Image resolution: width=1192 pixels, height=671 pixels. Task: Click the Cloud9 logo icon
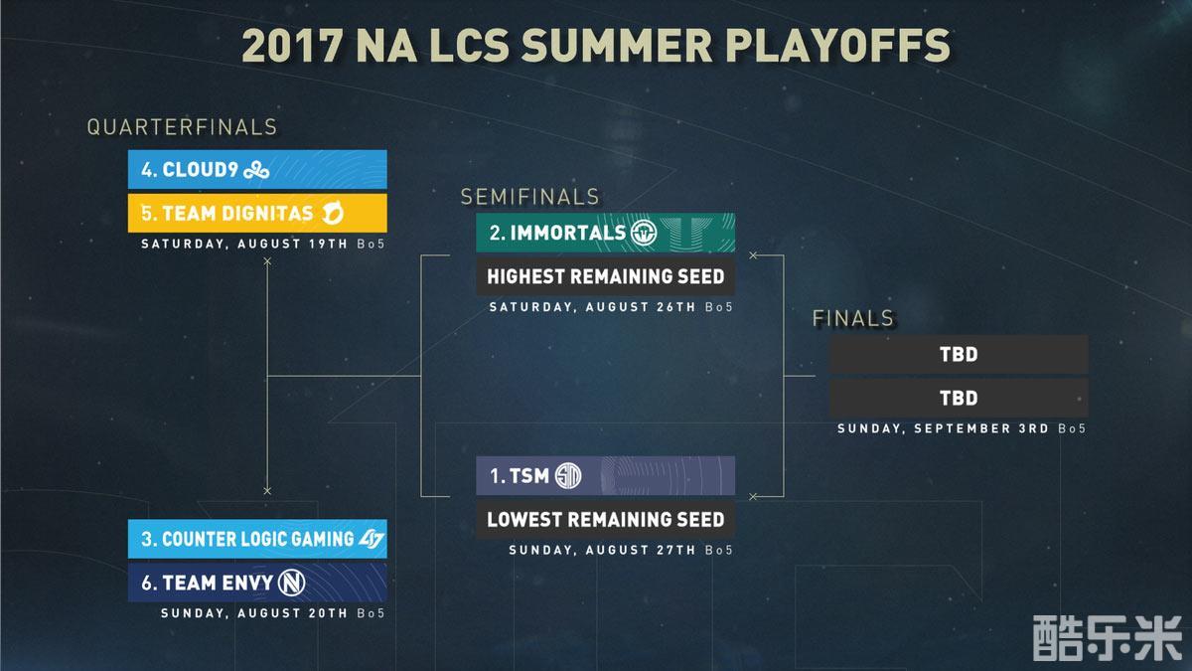tap(256, 170)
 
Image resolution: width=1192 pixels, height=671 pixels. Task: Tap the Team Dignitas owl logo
tap(333, 214)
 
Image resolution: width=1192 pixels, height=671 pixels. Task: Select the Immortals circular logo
tap(644, 233)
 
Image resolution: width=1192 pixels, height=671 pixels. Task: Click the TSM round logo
tap(568, 475)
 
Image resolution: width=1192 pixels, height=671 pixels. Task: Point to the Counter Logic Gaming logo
tap(371, 539)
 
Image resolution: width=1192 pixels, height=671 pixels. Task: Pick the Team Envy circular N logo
tap(292, 583)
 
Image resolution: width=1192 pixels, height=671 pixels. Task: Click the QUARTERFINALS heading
tap(182, 127)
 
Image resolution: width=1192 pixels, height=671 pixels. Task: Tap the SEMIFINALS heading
tap(530, 197)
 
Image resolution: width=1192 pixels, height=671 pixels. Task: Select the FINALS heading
tap(853, 318)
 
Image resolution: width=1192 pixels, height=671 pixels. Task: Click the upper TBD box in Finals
tap(959, 354)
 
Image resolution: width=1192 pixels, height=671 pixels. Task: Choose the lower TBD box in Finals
tap(959, 398)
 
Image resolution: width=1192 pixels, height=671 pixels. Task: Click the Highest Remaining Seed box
tap(606, 276)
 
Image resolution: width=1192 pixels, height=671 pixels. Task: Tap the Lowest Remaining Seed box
tap(606, 519)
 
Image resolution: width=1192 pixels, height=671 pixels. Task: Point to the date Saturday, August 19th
tap(244, 244)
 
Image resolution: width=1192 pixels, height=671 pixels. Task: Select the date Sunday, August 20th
tap(254, 613)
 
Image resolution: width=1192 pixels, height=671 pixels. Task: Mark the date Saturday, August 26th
tap(592, 307)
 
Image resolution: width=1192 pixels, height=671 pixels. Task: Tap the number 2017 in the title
tap(292, 46)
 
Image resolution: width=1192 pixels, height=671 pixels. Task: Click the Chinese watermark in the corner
tap(1107, 638)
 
